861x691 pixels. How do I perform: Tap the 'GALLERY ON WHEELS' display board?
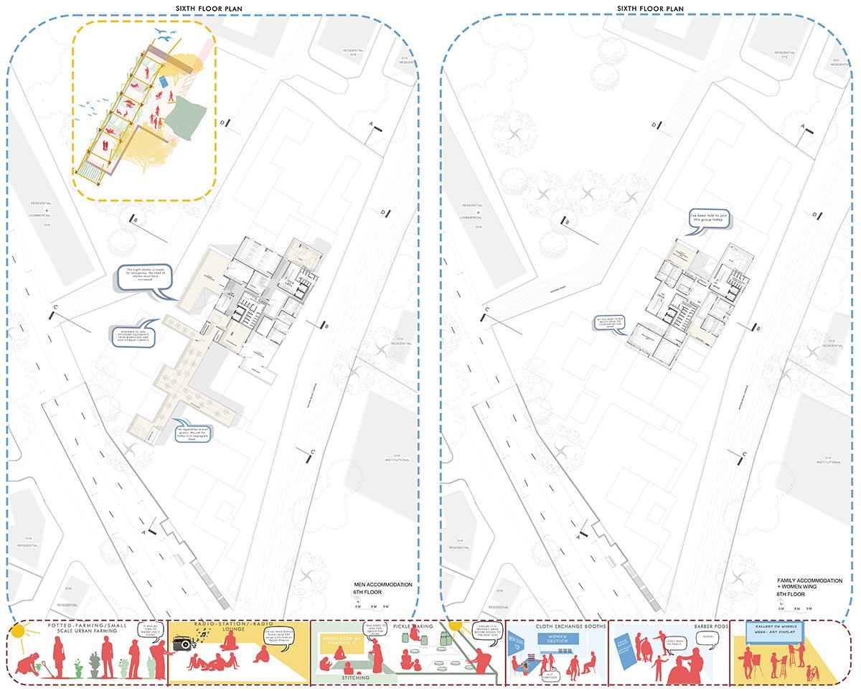tap(773, 631)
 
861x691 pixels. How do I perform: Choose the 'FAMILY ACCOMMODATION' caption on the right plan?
tap(809, 580)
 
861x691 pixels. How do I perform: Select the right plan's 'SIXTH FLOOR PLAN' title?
tap(650, 9)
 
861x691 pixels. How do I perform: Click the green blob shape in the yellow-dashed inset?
tap(185, 116)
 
